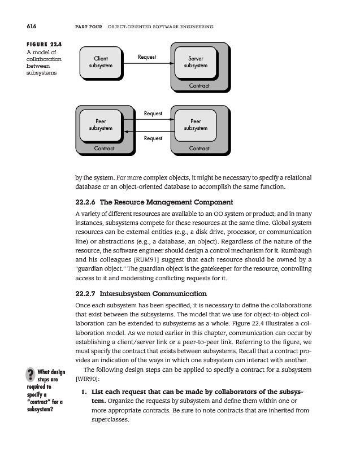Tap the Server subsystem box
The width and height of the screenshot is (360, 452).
196,62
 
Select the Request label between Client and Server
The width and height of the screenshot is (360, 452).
147,56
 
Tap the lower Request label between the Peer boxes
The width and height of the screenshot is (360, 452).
153,138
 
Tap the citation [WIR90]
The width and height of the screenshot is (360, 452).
85,379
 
